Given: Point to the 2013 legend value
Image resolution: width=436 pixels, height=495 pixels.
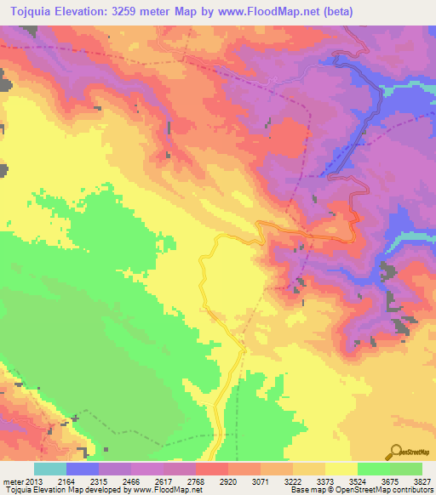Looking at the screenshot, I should (34, 481).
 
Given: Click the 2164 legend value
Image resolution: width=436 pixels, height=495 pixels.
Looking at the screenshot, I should (66, 481).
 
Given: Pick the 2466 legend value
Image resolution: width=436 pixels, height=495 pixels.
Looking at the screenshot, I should (131, 481).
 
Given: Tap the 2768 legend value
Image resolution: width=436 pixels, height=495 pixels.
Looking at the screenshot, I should (195, 481).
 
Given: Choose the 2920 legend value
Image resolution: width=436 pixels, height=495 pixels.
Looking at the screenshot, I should (228, 481).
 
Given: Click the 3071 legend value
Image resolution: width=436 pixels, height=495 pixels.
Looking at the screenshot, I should (260, 481).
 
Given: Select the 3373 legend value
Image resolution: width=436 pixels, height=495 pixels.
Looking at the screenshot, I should (324, 481).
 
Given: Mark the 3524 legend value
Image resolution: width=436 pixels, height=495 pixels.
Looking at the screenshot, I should (357, 481).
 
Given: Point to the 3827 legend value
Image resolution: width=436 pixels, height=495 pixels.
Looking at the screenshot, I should (422, 481).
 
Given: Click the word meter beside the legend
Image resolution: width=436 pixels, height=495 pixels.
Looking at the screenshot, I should (12, 481).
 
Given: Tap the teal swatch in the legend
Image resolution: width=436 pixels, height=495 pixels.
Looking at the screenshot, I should (50, 469).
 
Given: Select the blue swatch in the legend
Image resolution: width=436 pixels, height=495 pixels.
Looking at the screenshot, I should (83, 469).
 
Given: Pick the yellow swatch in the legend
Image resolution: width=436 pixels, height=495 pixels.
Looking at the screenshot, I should (341, 469).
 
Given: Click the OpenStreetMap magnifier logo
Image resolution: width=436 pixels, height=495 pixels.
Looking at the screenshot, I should (396, 452).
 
